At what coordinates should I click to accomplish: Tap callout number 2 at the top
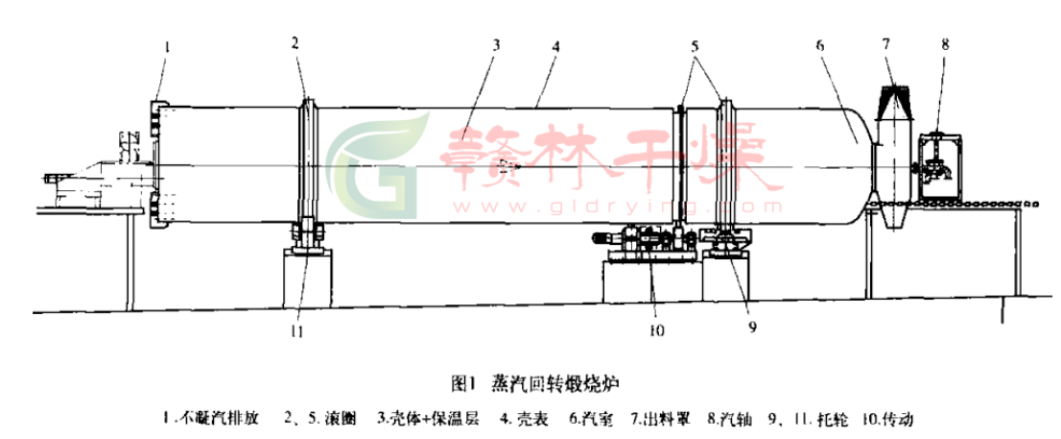[x=297, y=43]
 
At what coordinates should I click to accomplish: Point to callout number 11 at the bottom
[x=299, y=330]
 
